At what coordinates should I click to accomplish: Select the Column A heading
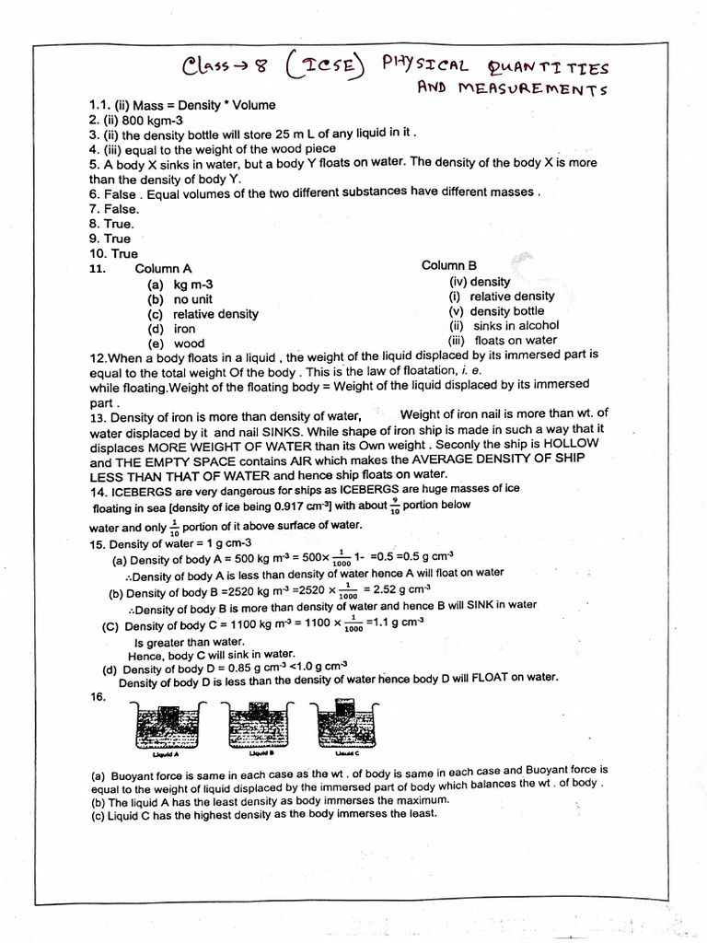coord(163,268)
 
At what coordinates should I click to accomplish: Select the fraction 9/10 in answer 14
coord(394,505)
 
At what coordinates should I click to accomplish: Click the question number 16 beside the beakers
coord(99,698)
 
